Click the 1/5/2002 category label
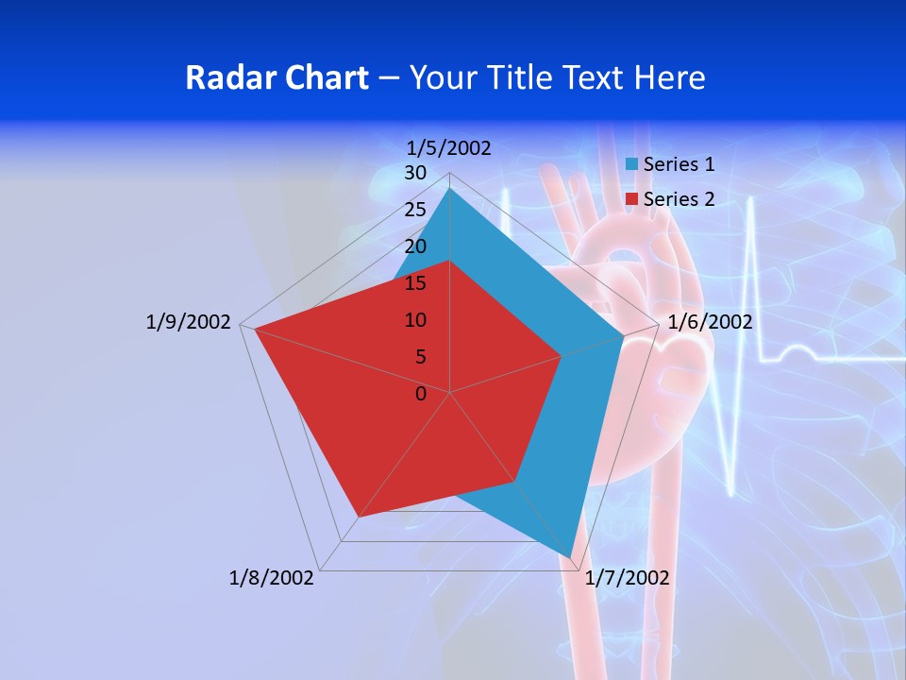[x=448, y=147]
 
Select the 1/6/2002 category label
[x=710, y=322]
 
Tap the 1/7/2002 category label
[x=627, y=578]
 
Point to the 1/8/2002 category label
[x=272, y=578]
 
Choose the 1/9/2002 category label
[x=188, y=322]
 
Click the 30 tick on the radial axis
[x=415, y=173]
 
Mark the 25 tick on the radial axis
[x=415, y=210]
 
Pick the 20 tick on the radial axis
[x=415, y=246]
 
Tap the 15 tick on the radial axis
[x=415, y=283]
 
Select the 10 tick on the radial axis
[x=415, y=320]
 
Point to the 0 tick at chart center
[x=421, y=394]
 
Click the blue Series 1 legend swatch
[x=632, y=164]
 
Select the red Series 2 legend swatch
[x=632, y=199]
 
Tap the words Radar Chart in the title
[x=277, y=77]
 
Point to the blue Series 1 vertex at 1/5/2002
[x=450, y=188]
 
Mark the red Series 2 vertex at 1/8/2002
[x=358, y=518]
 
